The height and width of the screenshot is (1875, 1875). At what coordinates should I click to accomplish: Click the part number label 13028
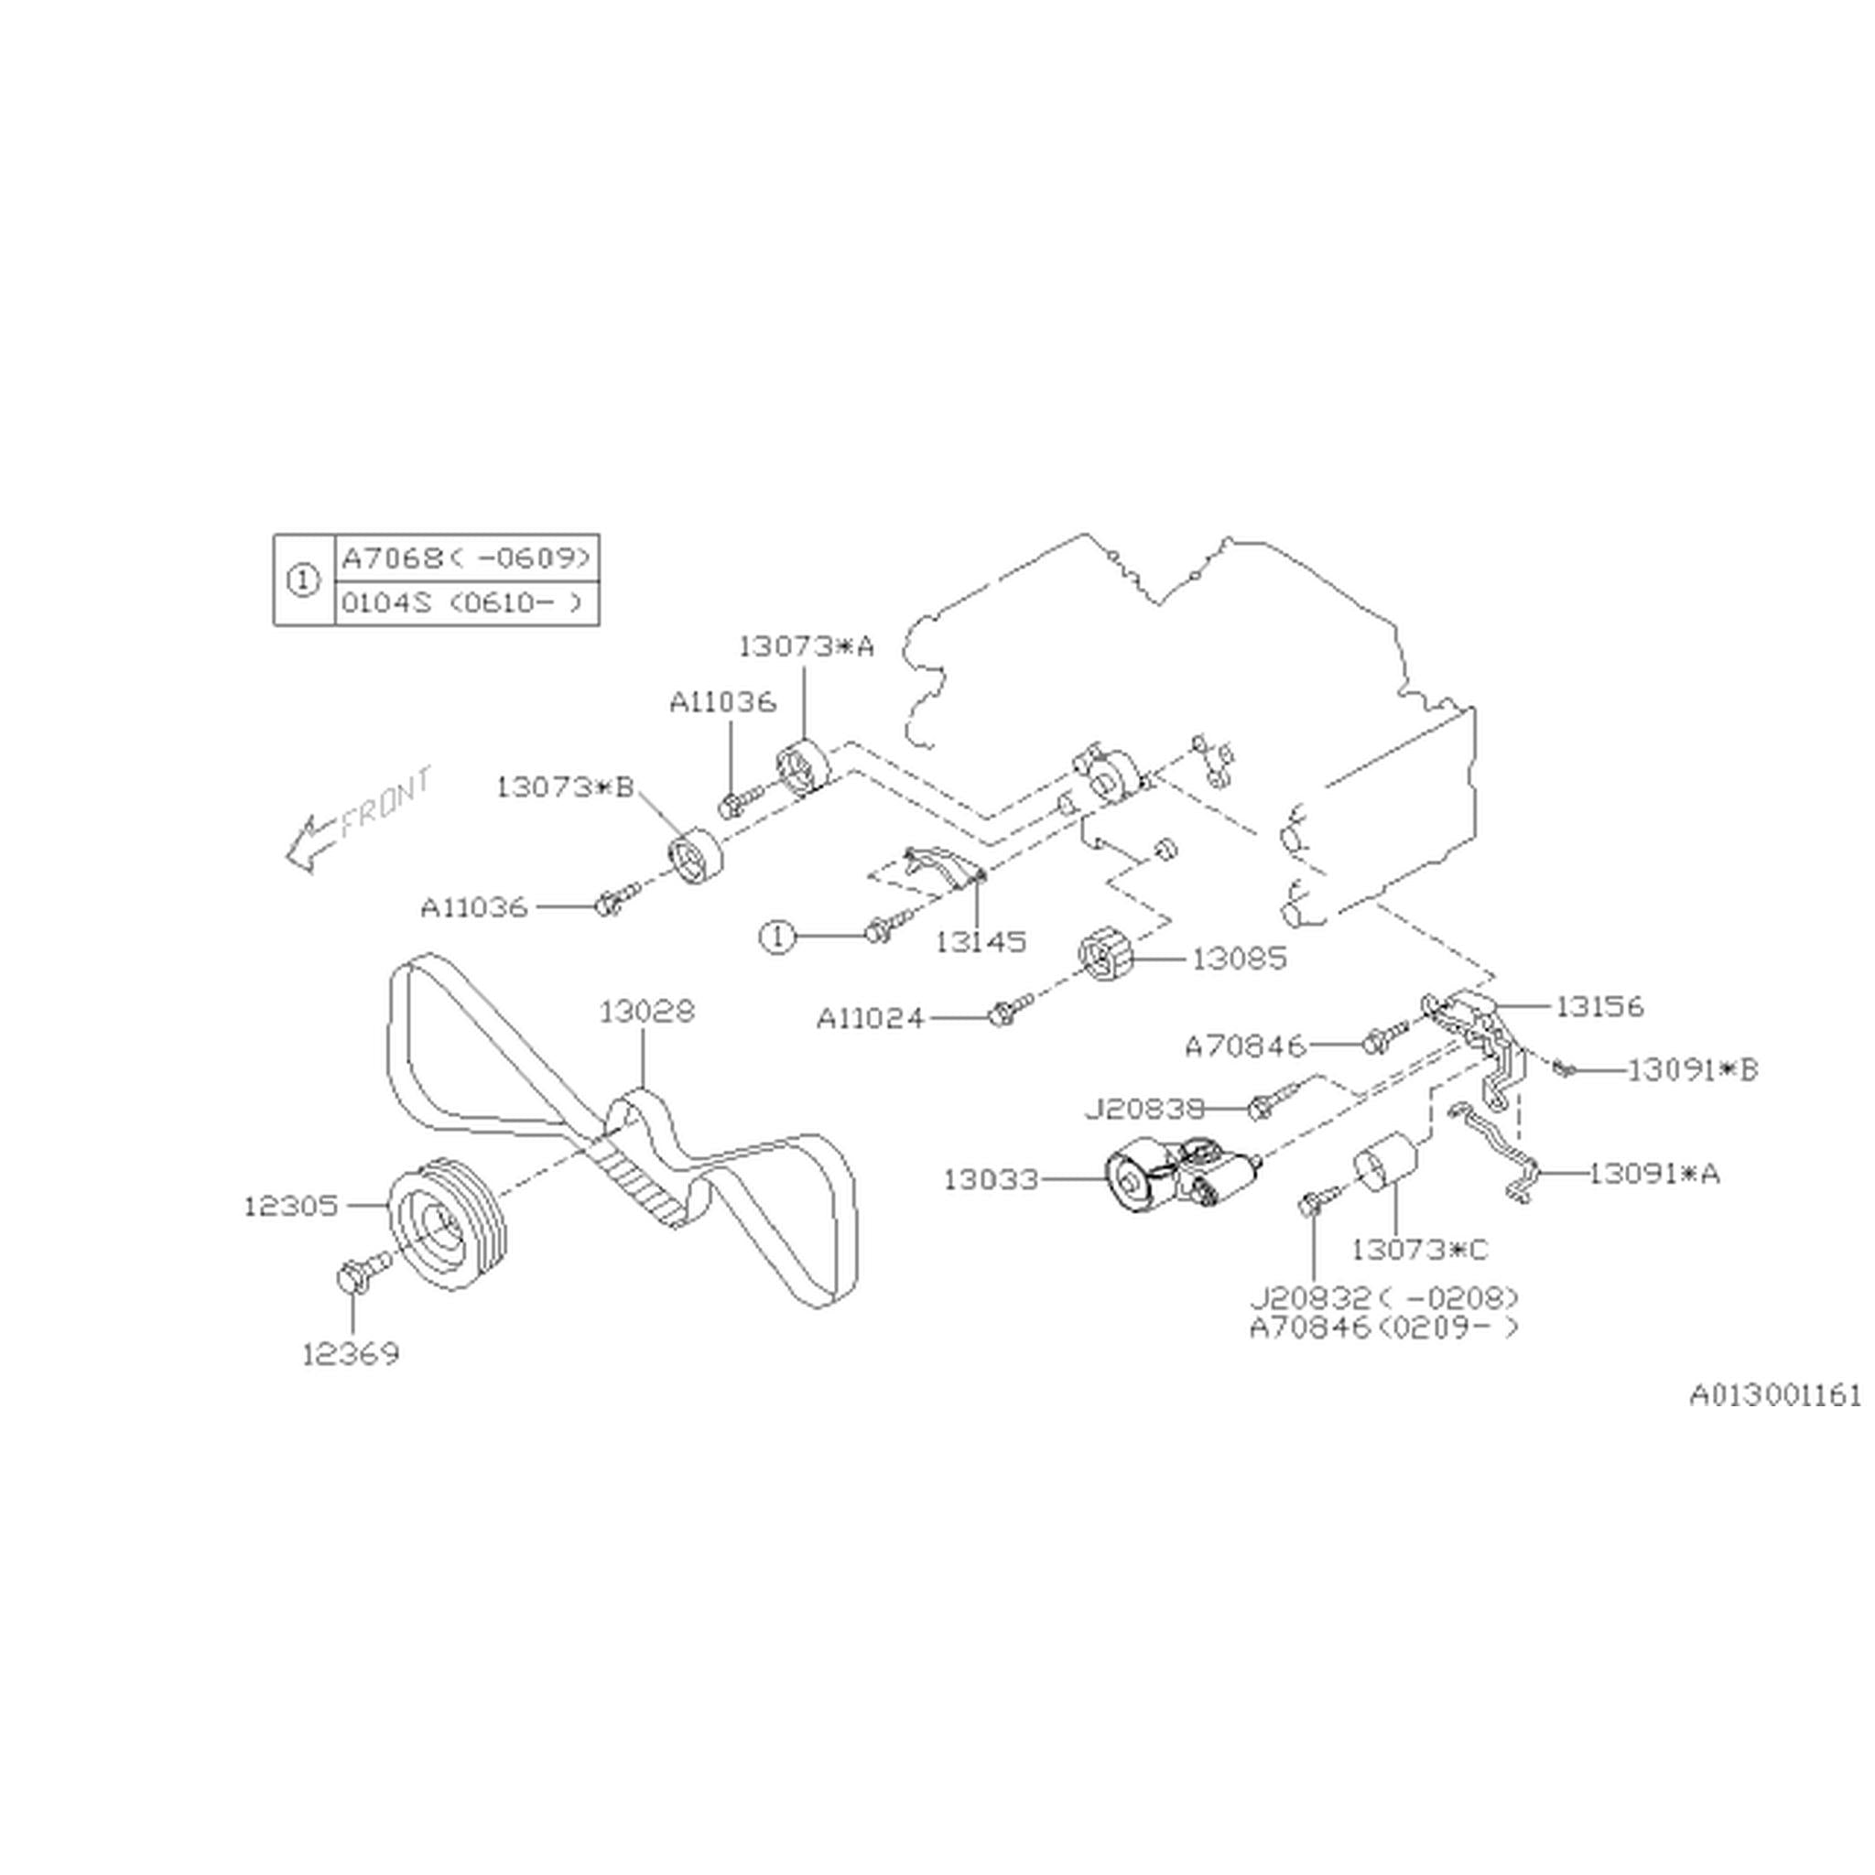(x=646, y=1013)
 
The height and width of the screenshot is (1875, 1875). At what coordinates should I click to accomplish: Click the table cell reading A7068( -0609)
(x=466, y=558)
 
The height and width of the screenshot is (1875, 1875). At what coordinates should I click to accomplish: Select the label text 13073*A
(x=806, y=646)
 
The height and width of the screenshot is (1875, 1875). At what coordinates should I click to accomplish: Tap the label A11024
(x=870, y=1018)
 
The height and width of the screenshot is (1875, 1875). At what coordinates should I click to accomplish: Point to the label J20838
(x=1143, y=1108)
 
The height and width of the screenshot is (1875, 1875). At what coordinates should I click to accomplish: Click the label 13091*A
(x=1653, y=1174)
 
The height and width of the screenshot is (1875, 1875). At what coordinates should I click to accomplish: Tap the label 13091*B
(x=1692, y=1070)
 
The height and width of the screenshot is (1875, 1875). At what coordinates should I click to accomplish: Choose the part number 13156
(x=1599, y=1006)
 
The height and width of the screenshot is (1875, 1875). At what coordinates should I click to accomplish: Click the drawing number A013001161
(x=1775, y=1395)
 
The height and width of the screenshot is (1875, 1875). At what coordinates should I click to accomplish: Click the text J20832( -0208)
(x=1383, y=1297)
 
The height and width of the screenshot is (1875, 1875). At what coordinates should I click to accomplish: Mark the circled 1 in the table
(x=304, y=580)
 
